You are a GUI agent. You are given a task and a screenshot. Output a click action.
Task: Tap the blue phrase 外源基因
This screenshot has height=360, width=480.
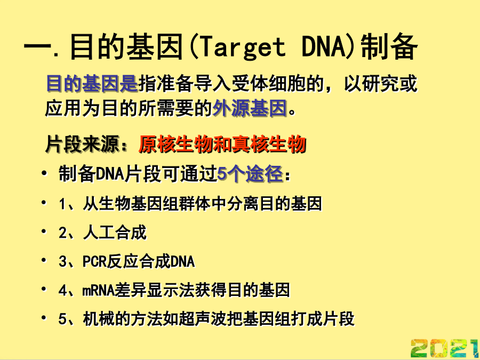[x=250, y=108]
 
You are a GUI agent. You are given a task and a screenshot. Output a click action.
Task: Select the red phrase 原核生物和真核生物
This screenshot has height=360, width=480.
[x=222, y=144]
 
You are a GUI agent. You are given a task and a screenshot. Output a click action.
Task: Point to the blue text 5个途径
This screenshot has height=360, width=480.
[x=250, y=174]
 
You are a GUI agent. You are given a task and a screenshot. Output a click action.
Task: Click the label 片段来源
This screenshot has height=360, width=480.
[x=82, y=144]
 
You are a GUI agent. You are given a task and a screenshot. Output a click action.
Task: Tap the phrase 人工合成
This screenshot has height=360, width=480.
[x=115, y=233]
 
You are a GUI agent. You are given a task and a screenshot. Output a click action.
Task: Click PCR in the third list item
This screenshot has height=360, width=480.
[x=94, y=261]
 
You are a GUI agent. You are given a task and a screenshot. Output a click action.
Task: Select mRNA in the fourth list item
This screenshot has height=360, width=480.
[x=99, y=290]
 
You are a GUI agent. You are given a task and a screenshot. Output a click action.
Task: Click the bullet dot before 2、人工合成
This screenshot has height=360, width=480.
[x=44, y=231]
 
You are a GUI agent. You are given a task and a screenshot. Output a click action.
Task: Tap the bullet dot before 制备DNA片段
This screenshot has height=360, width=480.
[x=44, y=173]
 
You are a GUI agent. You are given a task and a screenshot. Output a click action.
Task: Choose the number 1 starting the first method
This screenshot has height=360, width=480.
[x=62, y=204]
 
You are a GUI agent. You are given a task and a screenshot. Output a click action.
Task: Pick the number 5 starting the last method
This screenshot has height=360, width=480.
[x=62, y=319]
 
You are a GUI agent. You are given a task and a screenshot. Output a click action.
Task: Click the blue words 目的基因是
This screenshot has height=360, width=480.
[x=92, y=83]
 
